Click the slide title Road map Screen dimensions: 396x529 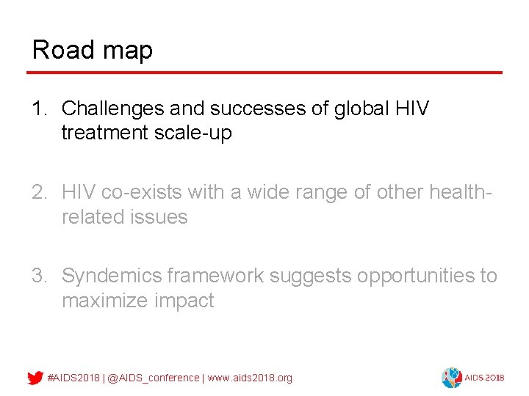[x=93, y=50]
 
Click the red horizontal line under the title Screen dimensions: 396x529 [x=264, y=73]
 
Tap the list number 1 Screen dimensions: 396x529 [x=39, y=109]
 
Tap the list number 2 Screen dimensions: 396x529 [x=39, y=192]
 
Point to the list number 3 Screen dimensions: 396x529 [x=39, y=276]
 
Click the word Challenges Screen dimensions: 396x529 [x=113, y=109]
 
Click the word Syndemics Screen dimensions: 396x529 [x=112, y=276]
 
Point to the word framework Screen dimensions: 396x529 [x=215, y=276]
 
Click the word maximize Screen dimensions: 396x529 [x=106, y=301]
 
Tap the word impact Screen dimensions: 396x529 [x=184, y=301]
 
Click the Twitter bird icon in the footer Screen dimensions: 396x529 [x=35, y=378]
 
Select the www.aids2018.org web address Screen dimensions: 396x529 [x=250, y=378]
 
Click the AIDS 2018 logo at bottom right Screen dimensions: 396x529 [x=472, y=377]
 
